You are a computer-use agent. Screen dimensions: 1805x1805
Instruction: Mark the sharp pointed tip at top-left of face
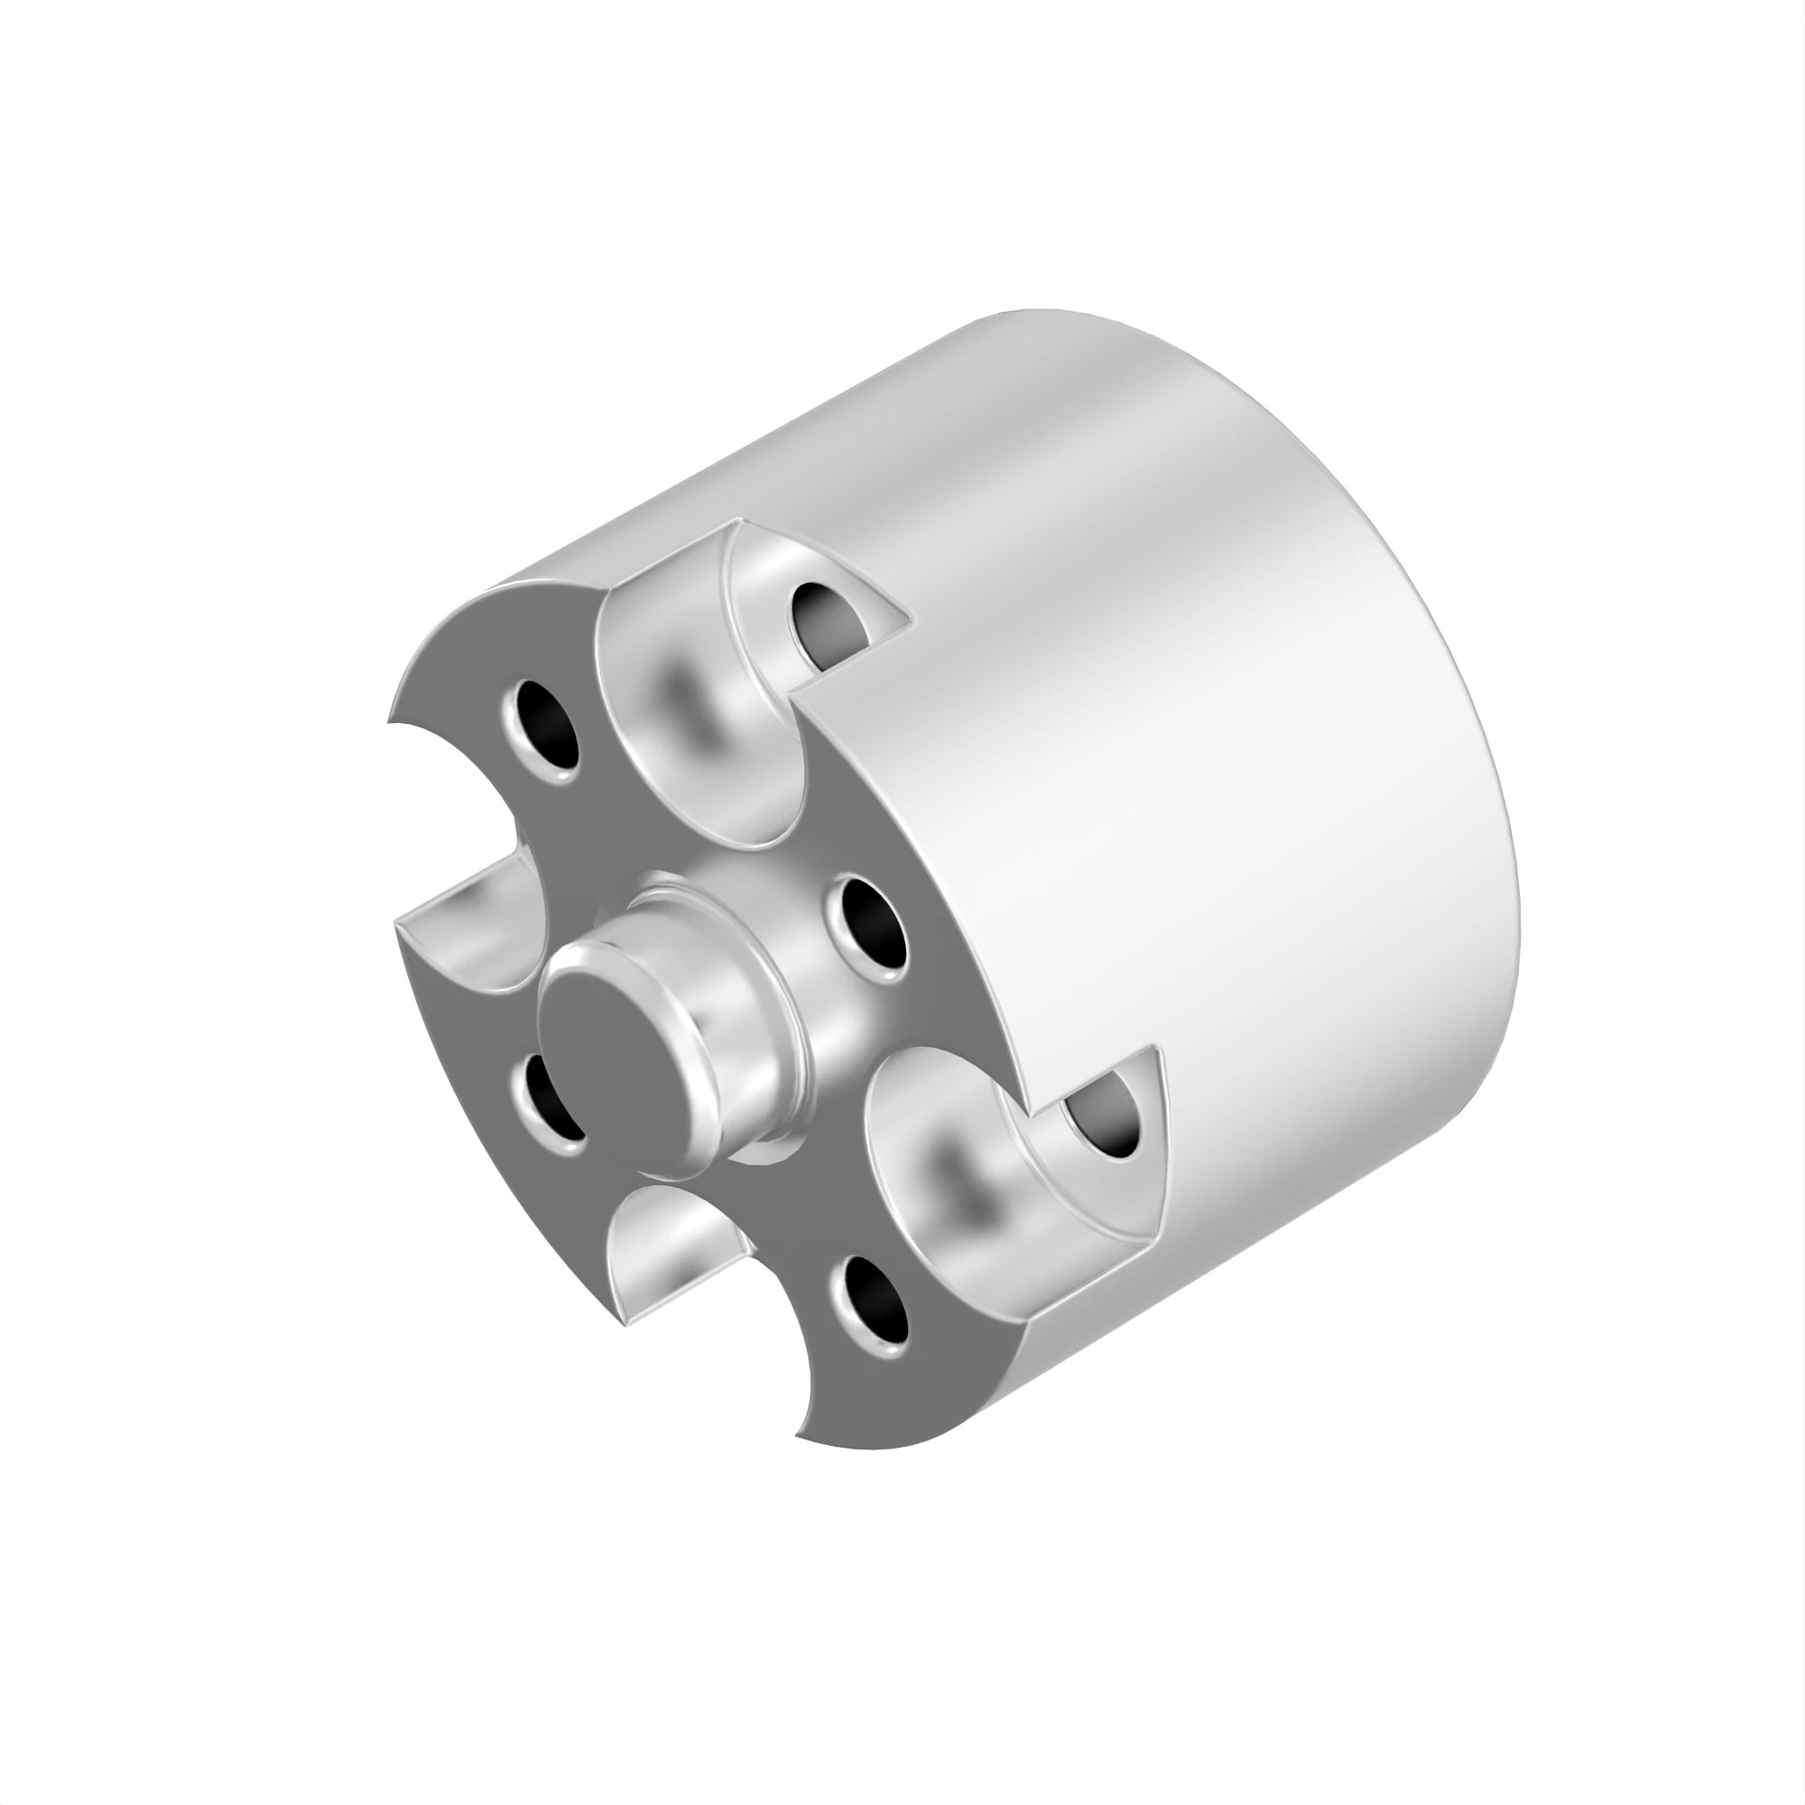391,721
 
